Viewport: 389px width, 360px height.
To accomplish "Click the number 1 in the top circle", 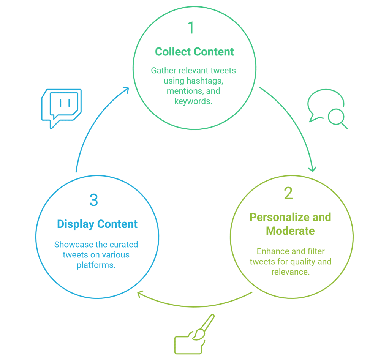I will click(191, 28).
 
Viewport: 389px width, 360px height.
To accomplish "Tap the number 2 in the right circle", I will click(288, 194).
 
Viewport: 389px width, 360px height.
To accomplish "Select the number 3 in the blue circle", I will click(93, 201).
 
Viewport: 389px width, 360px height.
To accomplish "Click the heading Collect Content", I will click(194, 52).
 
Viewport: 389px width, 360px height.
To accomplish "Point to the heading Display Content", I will click(97, 224).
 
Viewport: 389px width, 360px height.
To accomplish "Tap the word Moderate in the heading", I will click(290, 231).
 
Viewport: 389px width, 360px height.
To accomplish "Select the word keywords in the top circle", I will click(193, 101).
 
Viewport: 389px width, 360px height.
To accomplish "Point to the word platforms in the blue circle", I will click(96, 265).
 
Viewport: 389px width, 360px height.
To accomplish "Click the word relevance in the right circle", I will click(290, 272).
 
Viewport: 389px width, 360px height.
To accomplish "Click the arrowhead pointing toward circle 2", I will click(312, 168).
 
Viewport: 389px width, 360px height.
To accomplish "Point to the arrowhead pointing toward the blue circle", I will click(141, 294).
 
